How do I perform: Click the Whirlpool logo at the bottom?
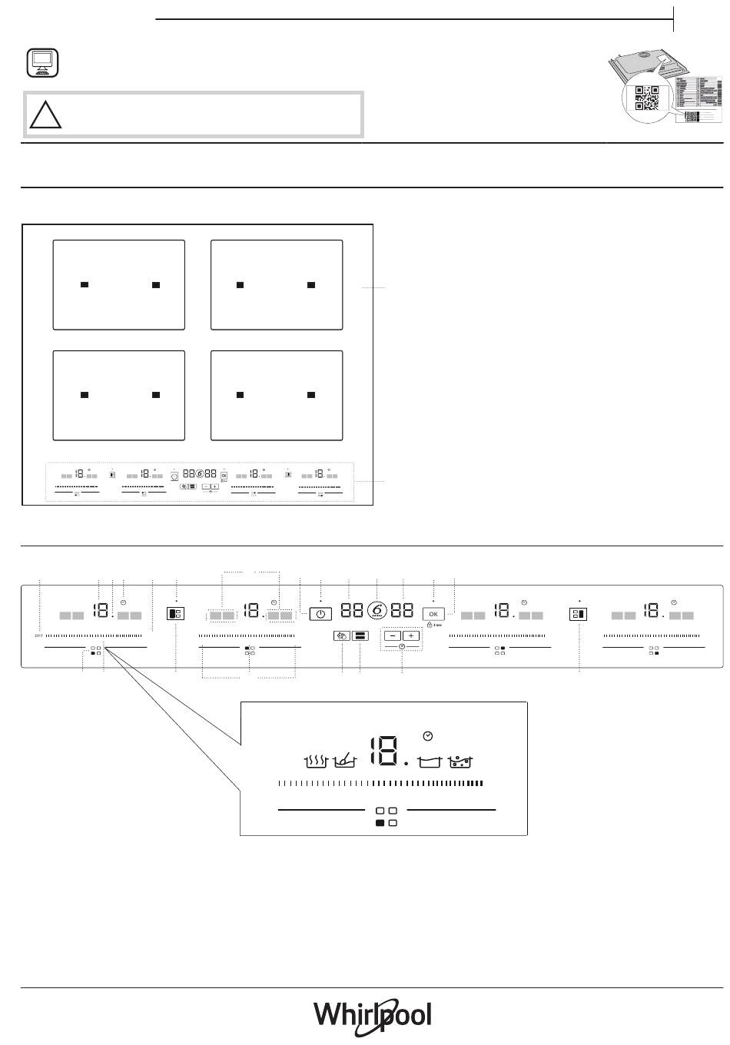pos(372,1015)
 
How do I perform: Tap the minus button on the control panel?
pos(393,615)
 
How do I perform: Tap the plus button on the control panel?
pos(412,615)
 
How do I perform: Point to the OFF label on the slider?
pos(38,636)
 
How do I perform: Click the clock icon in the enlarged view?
pos(428,736)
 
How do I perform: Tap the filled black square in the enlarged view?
pos(380,823)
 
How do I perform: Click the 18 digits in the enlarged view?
pos(383,751)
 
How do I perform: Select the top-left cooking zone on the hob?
pos(118,284)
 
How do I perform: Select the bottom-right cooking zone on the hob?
pos(277,395)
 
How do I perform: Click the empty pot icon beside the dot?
pos(432,761)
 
